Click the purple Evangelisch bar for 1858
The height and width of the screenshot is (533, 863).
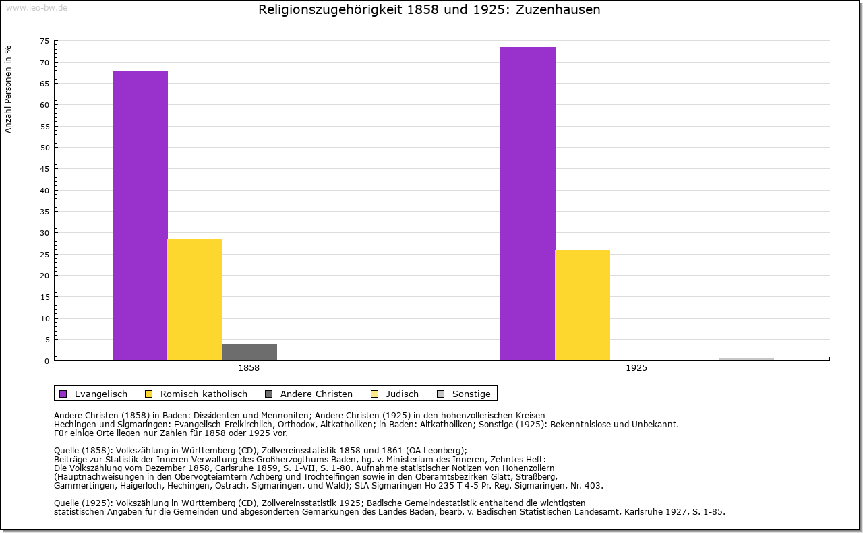140,216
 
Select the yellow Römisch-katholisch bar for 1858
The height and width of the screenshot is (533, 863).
195,300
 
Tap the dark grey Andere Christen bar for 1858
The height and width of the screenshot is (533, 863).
249,352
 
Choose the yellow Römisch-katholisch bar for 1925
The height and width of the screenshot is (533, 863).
583,305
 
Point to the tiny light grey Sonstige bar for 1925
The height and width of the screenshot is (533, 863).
746,360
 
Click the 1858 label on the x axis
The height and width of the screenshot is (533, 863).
249,369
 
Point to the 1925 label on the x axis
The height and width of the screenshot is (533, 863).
636,369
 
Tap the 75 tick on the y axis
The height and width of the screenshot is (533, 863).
44,41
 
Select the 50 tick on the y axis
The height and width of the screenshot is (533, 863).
44,148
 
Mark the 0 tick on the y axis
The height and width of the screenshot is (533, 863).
47,360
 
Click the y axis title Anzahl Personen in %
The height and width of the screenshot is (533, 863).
8,90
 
